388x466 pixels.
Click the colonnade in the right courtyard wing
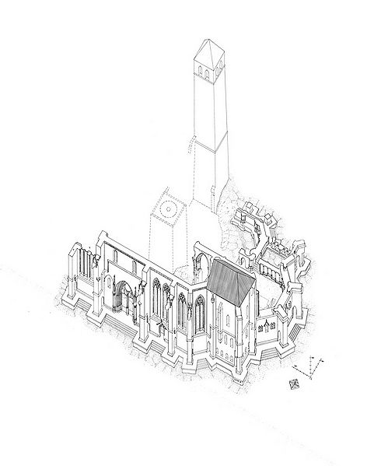pos(273,273)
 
